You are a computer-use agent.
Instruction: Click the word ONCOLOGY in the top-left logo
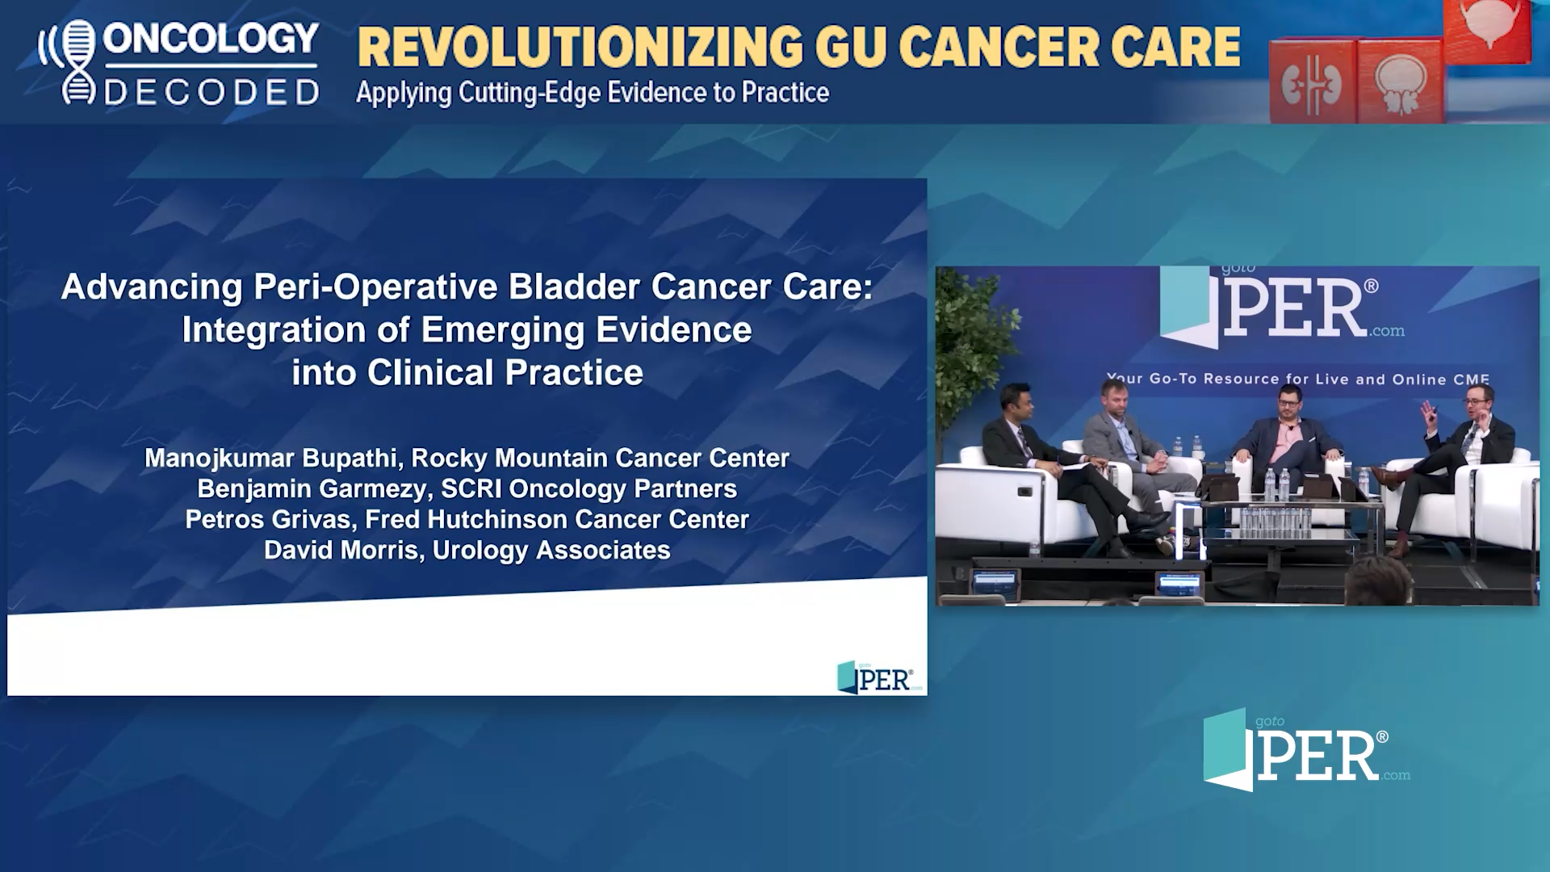(211, 39)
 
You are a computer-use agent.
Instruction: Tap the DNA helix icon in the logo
(78, 62)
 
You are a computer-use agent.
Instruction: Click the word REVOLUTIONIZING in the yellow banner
(580, 48)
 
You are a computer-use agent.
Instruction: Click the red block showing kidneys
(1312, 84)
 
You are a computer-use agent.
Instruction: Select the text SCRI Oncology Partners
(589, 489)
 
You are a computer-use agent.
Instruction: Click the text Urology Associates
(551, 551)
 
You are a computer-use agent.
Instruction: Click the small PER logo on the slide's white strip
(876, 678)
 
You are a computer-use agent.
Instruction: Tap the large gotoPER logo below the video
(1305, 751)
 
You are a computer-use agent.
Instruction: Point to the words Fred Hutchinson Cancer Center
(557, 520)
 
